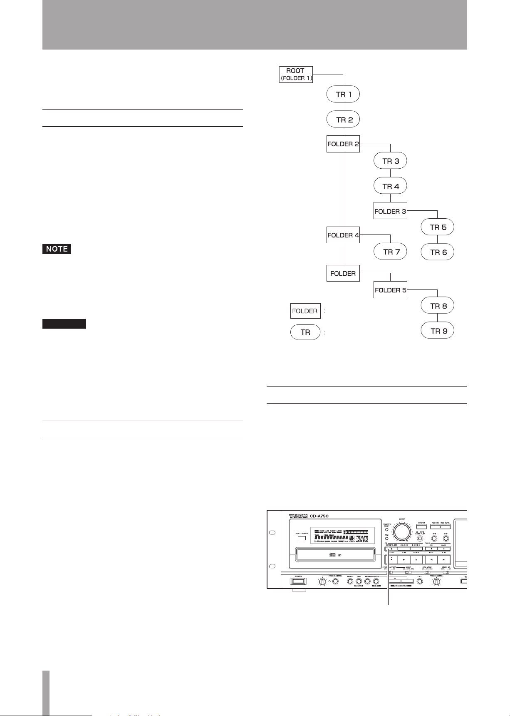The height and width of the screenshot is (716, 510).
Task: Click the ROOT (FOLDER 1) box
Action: pos(295,75)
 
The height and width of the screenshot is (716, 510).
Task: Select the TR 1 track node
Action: pos(343,95)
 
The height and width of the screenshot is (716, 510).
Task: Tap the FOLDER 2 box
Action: pos(343,144)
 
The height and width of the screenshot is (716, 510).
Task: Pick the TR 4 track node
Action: pos(390,186)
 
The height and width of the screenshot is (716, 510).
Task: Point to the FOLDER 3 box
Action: pos(390,211)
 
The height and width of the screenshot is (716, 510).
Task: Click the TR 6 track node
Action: pos(437,252)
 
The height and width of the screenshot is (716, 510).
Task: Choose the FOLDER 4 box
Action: pos(343,235)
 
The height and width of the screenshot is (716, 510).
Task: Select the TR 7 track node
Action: pos(390,252)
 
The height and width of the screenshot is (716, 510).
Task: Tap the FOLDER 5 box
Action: pos(390,290)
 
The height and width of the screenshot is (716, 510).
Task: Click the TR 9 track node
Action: pos(437,331)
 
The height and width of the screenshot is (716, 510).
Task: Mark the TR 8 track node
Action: pos(437,306)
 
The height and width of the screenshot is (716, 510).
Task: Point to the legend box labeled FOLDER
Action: pos(305,311)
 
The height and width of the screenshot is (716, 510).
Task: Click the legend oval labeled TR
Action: pos(305,332)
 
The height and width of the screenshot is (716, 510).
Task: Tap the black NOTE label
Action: pos(57,249)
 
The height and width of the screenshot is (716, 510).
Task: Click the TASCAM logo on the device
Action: pos(298,516)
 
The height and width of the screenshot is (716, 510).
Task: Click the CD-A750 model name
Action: pos(319,516)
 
